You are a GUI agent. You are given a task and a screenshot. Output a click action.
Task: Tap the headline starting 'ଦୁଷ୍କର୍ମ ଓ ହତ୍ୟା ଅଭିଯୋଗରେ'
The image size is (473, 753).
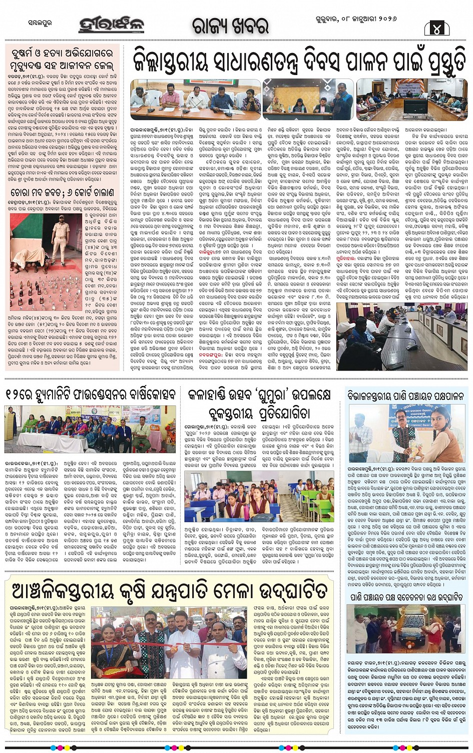point(62,58)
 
